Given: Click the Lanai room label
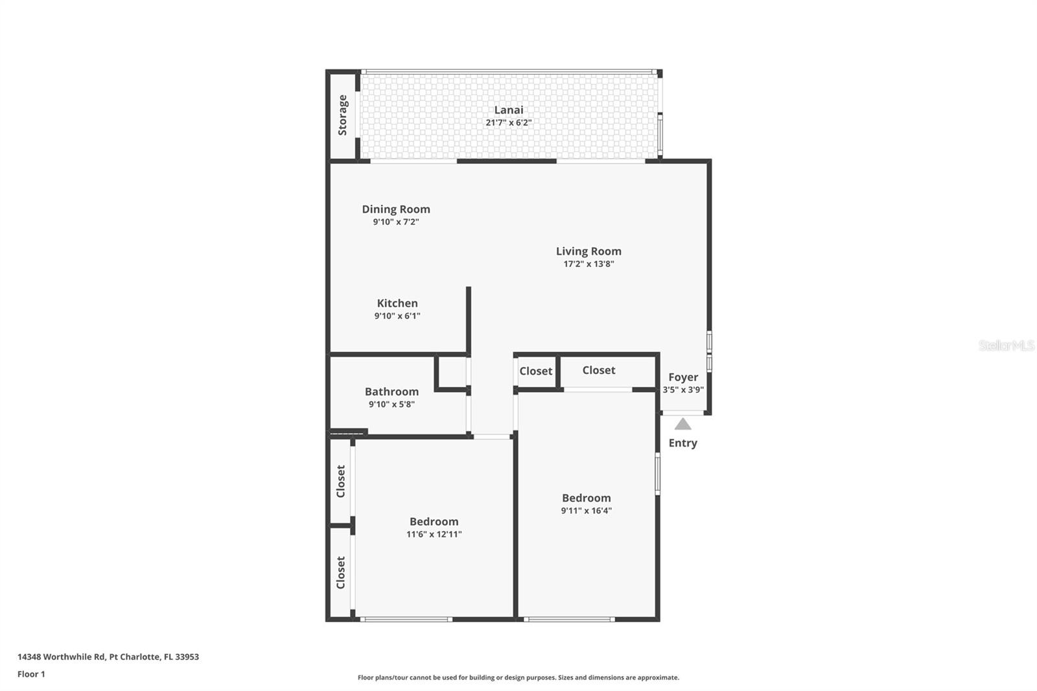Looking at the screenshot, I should click(508, 110).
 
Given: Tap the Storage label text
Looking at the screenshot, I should click(343, 115).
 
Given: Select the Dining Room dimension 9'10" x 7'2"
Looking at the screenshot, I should click(395, 222).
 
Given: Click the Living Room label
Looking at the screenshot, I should click(588, 251).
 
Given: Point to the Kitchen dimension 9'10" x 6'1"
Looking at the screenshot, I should click(397, 316).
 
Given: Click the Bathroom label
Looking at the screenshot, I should click(391, 392).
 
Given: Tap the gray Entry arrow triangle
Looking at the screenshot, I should click(682, 425).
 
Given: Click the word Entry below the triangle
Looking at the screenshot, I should click(682, 443).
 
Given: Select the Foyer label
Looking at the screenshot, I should click(683, 377).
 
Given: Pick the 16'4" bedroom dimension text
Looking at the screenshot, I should click(586, 511).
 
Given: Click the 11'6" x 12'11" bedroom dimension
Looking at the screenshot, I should click(434, 535).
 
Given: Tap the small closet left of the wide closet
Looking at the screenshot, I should click(535, 371).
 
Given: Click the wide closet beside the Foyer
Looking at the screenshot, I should click(598, 370).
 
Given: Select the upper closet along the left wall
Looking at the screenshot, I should click(341, 481).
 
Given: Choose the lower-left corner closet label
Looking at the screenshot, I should click(341, 572).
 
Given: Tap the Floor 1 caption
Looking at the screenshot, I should click(31, 674).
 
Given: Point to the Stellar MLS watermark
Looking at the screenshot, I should click(1006, 345).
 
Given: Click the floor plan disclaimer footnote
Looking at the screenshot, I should click(518, 677).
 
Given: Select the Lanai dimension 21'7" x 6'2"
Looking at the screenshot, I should click(508, 123).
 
